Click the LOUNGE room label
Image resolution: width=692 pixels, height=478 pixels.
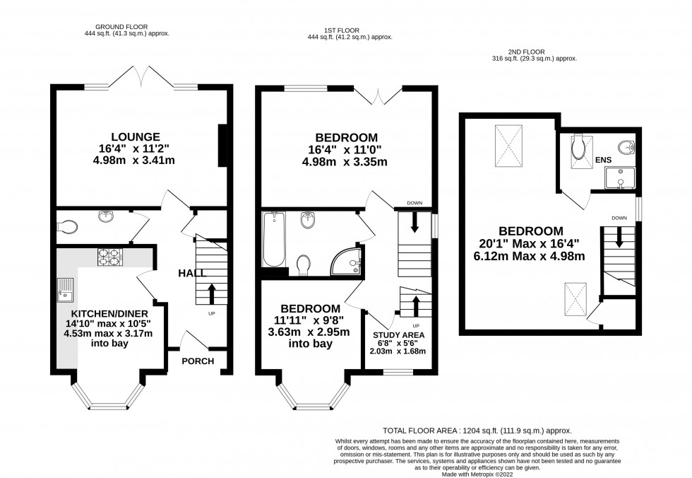139,136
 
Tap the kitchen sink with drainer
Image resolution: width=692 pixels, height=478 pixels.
66,289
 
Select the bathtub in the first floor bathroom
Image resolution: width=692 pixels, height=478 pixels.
273,240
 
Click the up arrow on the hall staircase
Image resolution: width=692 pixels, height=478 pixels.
210,291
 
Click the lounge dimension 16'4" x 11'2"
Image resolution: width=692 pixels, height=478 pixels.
139,148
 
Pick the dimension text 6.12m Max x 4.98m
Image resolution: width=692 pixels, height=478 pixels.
531,256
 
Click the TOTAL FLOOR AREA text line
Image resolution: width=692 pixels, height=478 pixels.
477,430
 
